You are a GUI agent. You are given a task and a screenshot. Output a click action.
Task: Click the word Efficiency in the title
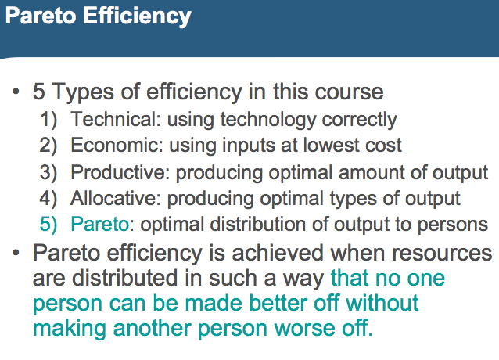(137, 16)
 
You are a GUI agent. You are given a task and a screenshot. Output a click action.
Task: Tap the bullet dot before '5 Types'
(16, 92)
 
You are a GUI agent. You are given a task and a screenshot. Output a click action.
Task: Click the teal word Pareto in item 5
(99, 224)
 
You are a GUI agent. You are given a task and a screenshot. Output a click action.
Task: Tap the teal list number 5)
(48, 225)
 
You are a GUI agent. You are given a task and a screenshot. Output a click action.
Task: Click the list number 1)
(48, 120)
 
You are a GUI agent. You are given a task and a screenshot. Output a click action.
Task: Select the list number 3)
(48, 173)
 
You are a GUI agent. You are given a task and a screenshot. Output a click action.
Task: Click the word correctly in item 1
(359, 121)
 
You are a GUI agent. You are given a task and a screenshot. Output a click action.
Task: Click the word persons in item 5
(453, 225)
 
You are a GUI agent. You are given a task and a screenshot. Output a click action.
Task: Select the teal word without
(382, 302)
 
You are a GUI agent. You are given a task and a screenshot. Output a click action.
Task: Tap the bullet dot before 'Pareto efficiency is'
(16, 253)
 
